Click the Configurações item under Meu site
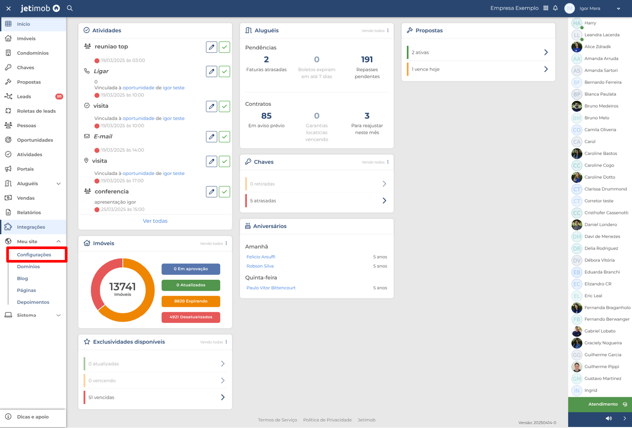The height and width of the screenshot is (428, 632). (x=34, y=255)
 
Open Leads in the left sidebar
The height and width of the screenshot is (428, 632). (x=24, y=96)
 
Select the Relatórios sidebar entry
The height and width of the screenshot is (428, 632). (x=29, y=213)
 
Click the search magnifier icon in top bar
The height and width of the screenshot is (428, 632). (x=70, y=8)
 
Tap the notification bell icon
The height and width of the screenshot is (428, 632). (x=555, y=8)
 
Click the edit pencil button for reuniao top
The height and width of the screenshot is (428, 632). (x=211, y=47)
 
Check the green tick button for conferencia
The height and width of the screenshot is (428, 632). (x=225, y=192)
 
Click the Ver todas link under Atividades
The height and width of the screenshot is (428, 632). (x=155, y=221)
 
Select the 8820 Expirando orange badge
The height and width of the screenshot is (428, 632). (x=191, y=301)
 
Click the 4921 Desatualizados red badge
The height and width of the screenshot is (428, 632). (x=191, y=317)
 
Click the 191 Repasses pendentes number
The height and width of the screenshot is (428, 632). (x=367, y=60)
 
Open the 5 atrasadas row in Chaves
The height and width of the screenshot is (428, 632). (x=316, y=201)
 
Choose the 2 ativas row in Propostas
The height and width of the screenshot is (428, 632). (x=478, y=52)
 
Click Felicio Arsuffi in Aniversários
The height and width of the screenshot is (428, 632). (x=261, y=257)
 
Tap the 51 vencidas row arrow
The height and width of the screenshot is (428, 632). (x=223, y=397)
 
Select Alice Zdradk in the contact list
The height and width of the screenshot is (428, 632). (x=597, y=46)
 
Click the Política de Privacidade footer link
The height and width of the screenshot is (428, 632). (x=327, y=420)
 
